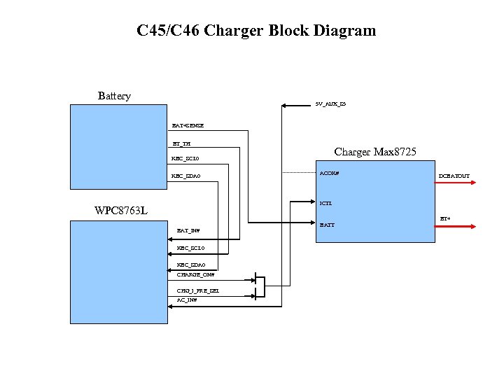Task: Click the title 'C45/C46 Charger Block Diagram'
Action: [x=256, y=31]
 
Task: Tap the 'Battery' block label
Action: [x=114, y=96]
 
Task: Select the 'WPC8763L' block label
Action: [x=120, y=211]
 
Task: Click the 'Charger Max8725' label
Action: [x=375, y=152]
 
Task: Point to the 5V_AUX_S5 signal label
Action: [x=330, y=104]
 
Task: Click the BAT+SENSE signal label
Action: [x=188, y=125]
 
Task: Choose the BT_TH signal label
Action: [x=181, y=144]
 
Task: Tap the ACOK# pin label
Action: [x=329, y=173]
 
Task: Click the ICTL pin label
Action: [x=325, y=204]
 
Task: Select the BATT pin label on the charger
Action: [x=327, y=225]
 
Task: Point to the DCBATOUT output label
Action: [x=454, y=176]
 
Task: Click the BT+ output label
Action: [x=444, y=218]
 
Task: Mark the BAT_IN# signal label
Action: [x=188, y=230]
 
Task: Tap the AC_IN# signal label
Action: [x=187, y=300]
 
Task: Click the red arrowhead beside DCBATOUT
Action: [x=473, y=183]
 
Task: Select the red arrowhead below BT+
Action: [x=473, y=226]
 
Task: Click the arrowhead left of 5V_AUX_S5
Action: [x=285, y=106]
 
